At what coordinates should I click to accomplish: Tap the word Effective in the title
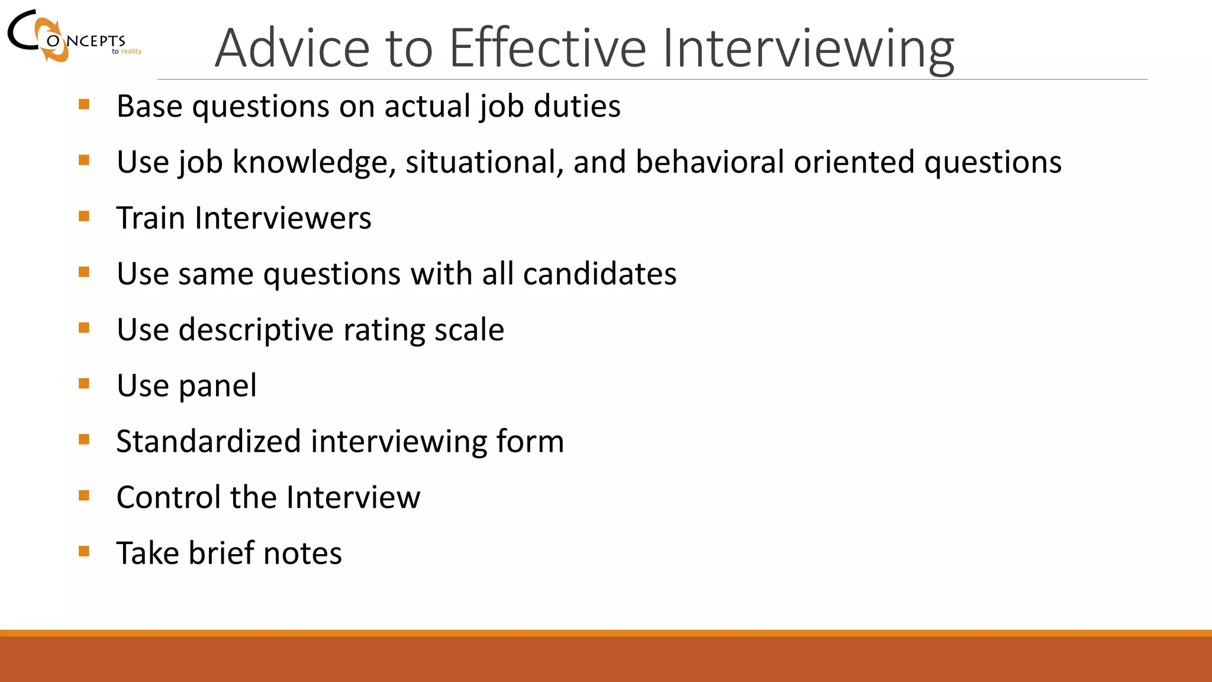[547, 48]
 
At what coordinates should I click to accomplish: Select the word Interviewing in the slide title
[808, 48]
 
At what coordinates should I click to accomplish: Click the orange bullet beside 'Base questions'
[84, 105]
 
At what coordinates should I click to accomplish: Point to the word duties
[577, 107]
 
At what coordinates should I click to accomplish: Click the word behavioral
[710, 162]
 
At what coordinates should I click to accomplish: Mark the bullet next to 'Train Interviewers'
[84, 216]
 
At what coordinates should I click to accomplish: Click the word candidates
[599, 274]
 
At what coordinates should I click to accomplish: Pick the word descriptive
[256, 330]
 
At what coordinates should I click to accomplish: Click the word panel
[217, 386]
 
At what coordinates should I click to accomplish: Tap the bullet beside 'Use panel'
[84, 384]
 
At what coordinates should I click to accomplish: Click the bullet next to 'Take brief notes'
[84, 551]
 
